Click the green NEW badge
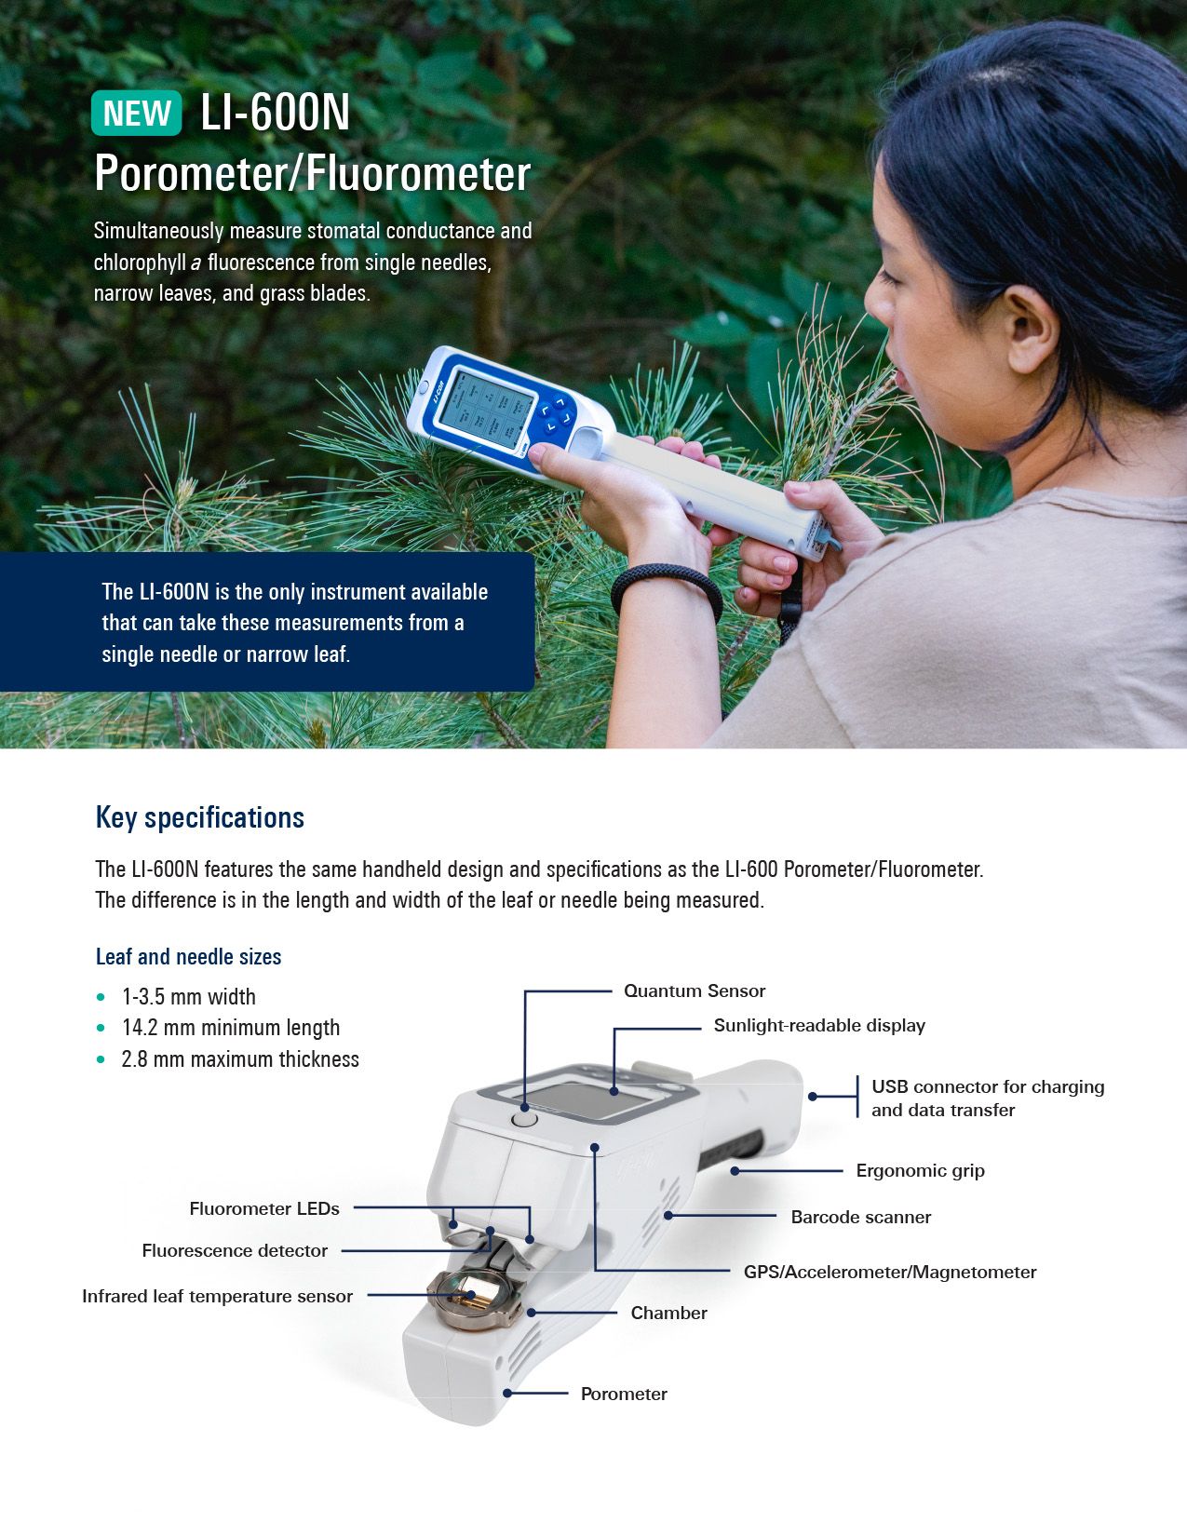point(136,113)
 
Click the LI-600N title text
point(276,113)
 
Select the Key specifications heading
point(200,818)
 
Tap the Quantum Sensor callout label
point(695,991)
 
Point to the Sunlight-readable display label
point(819,1025)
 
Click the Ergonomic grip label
point(920,1170)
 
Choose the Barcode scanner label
point(860,1217)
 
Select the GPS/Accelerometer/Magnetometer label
point(889,1272)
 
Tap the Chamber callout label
point(668,1313)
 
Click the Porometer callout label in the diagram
point(624,1394)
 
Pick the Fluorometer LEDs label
point(264,1208)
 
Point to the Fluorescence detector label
point(235,1250)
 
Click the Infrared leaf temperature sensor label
point(217,1296)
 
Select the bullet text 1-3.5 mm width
point(188,997)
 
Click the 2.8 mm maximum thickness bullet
point(239,1059)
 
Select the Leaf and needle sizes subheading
point(188,957)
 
